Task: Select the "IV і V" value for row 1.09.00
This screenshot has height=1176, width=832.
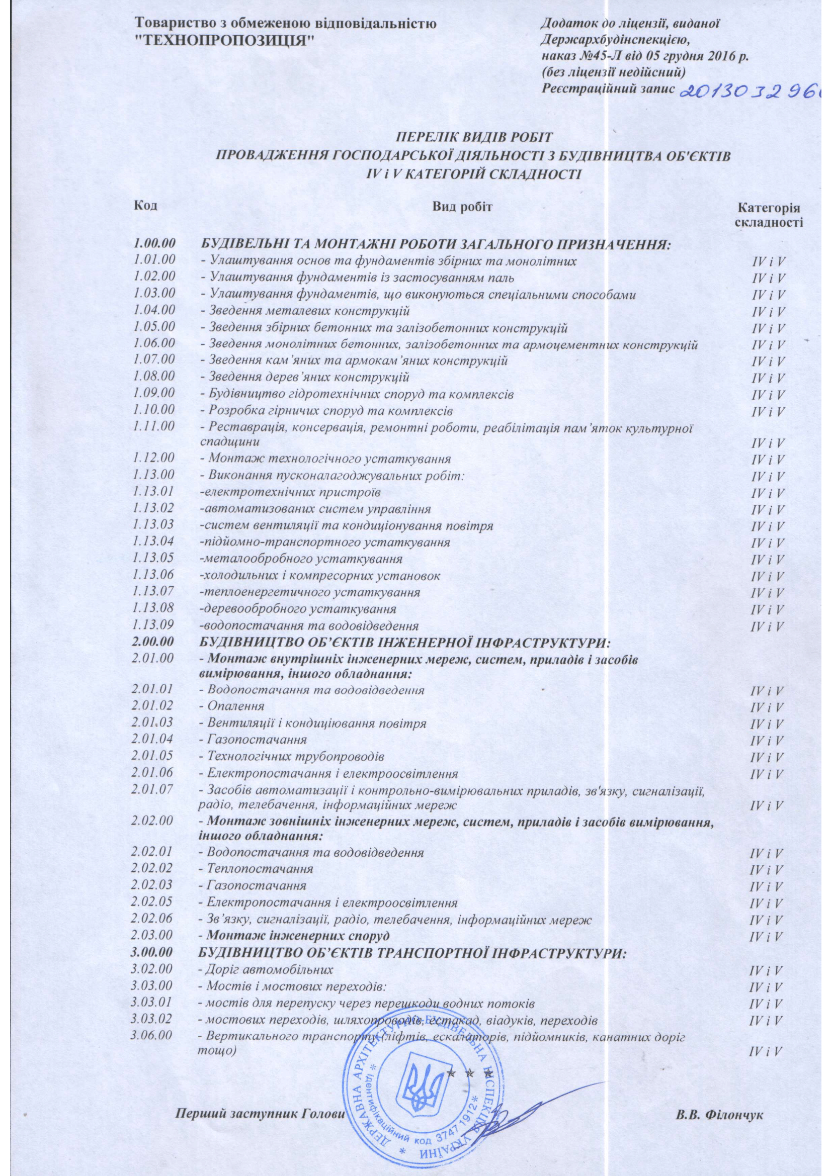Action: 768,395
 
